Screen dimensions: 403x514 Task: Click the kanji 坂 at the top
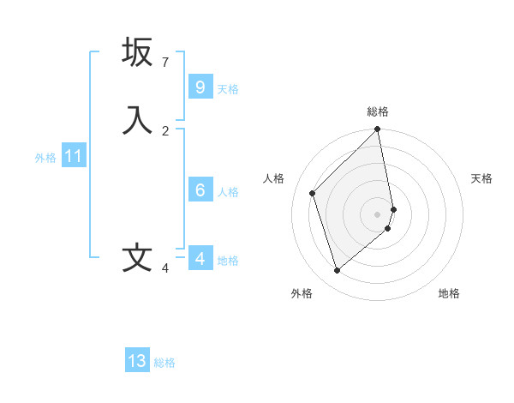point(137,52)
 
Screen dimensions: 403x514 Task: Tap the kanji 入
point(137,119)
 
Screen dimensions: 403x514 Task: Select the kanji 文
point(137,258)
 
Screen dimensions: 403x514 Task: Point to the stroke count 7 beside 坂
point(165,63)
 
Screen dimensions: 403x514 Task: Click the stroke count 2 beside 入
point(165,130)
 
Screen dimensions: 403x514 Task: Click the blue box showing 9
point(200,87)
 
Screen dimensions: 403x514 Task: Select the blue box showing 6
point(200,189)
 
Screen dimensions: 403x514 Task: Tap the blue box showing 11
point(74,156)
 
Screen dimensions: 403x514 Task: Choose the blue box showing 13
point(137,361)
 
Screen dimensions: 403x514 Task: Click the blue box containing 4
point(200,258)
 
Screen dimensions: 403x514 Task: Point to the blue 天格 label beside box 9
point(228,89)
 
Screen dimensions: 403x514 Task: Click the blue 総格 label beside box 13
point(164,363)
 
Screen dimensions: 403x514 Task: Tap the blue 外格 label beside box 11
point(45,158)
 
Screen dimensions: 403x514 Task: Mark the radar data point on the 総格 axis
point(378,129)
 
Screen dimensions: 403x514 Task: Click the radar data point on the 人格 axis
point(313,193)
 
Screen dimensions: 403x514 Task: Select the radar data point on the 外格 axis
point(337,271)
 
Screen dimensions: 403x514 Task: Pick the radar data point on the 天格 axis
point(394,208)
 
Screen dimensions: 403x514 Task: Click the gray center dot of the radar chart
point(378,214)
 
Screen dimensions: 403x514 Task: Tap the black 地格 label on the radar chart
point(449,294)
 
